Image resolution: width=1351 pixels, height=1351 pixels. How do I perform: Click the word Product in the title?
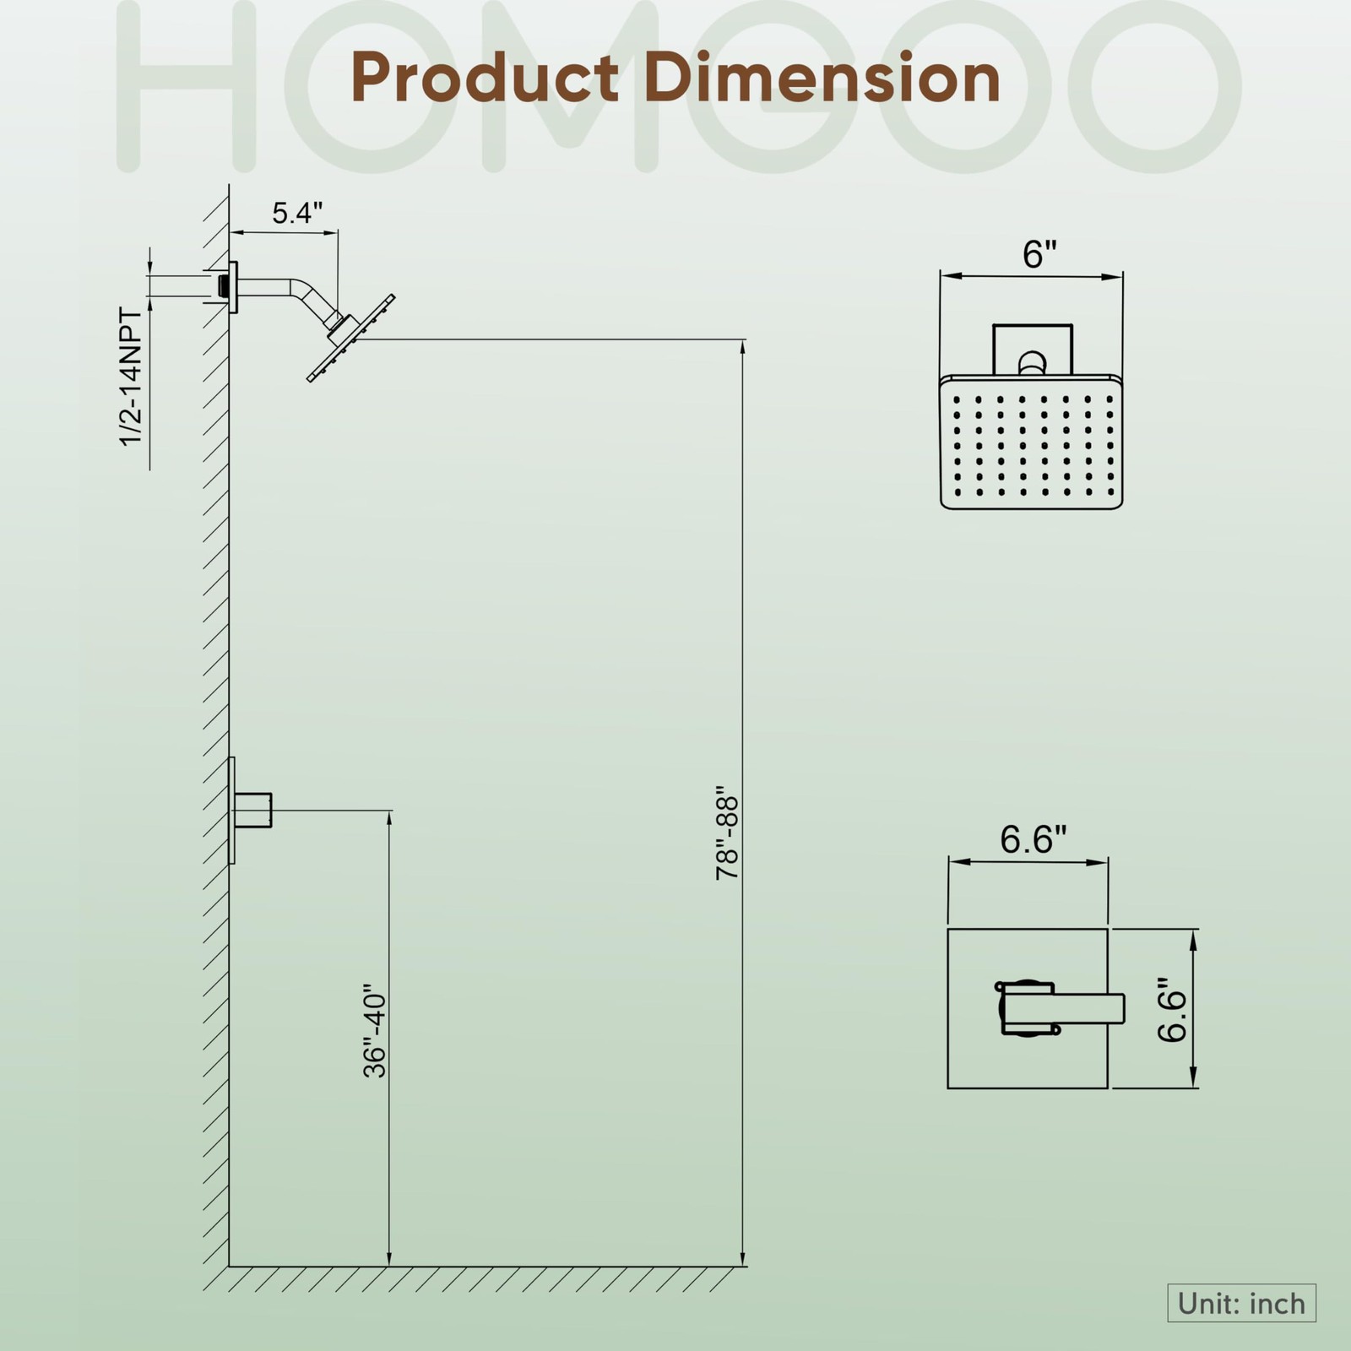point(485,78)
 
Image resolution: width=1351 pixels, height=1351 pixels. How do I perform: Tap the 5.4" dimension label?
point(297,214)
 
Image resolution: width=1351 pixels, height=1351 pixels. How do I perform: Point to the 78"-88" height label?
point(727,838)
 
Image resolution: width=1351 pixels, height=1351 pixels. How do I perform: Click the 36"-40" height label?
point(374,1030)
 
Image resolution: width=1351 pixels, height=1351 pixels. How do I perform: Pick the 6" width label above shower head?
point(1039,254)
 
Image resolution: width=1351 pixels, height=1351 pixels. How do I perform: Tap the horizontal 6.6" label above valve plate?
point(1034,840)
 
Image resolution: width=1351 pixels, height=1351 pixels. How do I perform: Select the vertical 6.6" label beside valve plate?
point(1172,1010)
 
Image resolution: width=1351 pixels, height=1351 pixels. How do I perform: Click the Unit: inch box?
point(1242,1303)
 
